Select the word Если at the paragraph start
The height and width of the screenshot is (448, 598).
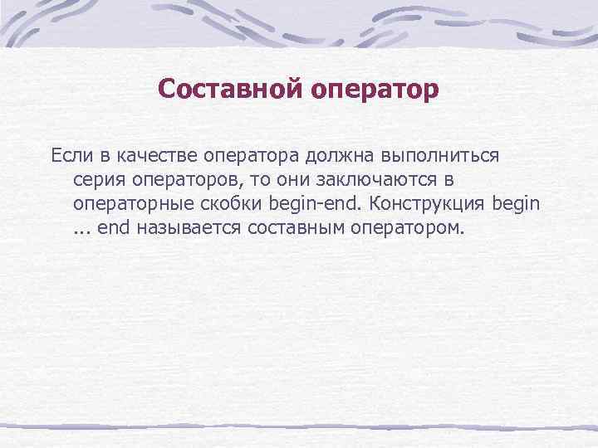coord(70,155)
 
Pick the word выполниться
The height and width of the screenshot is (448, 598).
coord(430,156)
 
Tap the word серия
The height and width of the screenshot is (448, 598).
coord(98,179)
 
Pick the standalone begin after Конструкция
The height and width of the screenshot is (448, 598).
coord(516,203)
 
